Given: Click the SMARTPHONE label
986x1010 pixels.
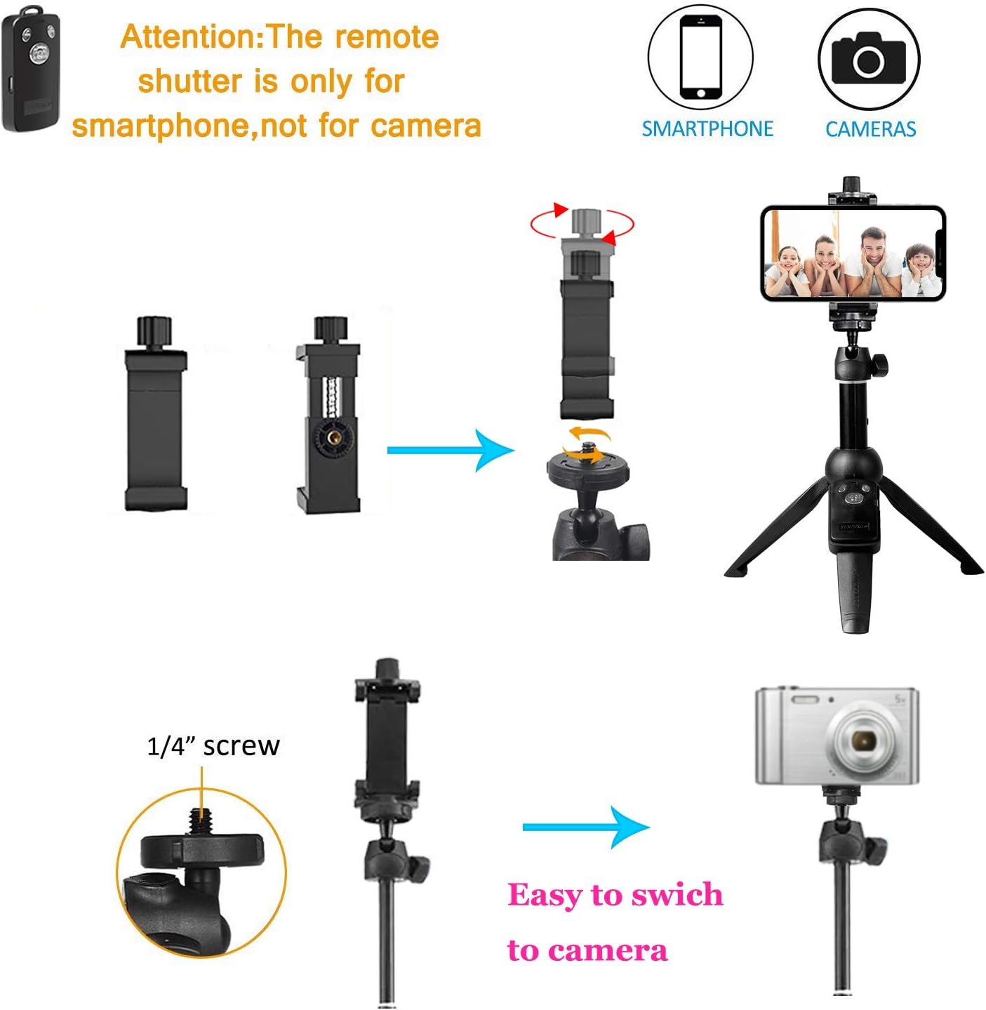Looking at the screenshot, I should click(707, 129).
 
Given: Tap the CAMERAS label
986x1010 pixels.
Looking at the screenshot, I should click(870, 129).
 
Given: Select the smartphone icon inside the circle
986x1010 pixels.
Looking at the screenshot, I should click(700, 57).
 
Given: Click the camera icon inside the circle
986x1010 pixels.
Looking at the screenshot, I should click(868, 58).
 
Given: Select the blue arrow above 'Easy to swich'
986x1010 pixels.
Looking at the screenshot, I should click(586, 827).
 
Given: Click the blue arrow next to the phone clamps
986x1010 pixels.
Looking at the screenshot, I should click(451, 450).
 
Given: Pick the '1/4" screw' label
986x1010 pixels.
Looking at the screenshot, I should click(213, 746).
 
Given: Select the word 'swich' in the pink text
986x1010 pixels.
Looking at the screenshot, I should click(677, 895).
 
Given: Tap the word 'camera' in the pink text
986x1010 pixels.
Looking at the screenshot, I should click(608, 951).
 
